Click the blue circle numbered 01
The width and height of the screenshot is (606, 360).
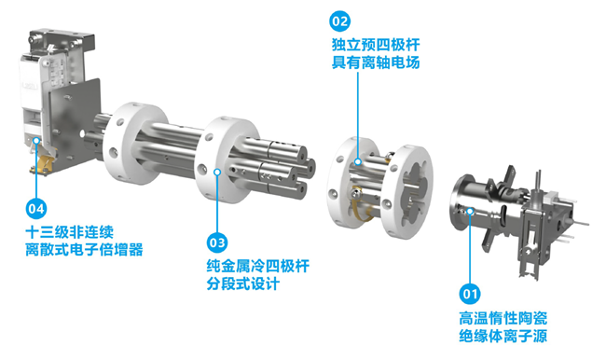(470, 295)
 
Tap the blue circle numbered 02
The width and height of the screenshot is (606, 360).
(339, 21)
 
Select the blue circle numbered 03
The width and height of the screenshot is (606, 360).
(217, 242)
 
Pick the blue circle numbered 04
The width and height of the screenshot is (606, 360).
(36, 209)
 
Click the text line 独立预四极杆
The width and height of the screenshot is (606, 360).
(376, 45)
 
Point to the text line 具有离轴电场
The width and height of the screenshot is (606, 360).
(376, 62)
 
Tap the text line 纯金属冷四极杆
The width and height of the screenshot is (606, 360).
(257, 266)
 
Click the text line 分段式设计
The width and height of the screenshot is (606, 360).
(243, 284)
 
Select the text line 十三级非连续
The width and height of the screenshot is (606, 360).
(70, 232)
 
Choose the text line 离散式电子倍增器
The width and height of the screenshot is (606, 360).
(84, 249)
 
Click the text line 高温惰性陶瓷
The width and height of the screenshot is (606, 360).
(503, 318)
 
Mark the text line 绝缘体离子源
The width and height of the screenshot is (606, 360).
(503, 336)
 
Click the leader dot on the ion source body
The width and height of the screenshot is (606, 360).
(470, 211)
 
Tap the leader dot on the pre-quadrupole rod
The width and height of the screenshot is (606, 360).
(358, 162)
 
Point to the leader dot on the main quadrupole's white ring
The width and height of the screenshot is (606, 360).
(217, 172)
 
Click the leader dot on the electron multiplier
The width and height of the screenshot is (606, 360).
(36, 141)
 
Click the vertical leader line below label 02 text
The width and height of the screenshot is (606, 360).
(358, 116)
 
